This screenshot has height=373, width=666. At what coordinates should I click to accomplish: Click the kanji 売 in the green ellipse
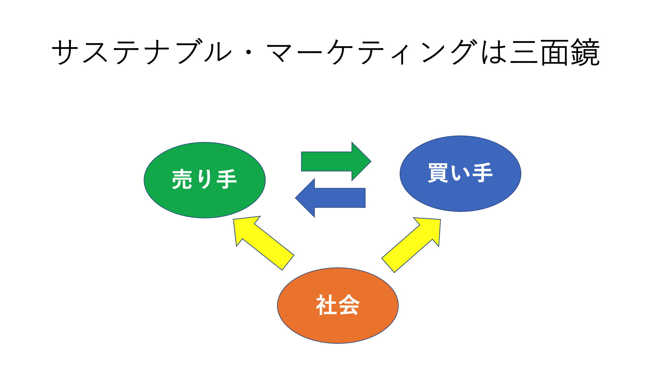click(x=182, y=179)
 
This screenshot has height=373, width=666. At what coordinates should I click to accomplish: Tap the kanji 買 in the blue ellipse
click(x=438, y=173)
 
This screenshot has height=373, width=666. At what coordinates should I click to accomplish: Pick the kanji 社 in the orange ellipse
click(x=326, y=305)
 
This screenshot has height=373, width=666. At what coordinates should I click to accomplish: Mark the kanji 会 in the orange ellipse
click(x=349, y=305)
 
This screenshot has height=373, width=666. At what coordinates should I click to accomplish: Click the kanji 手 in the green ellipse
click(x=227, y=179)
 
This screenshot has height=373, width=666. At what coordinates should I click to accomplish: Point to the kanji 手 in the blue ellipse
click(x=483, y=173)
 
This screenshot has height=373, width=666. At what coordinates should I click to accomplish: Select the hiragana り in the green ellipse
click(x=205, y=179)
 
